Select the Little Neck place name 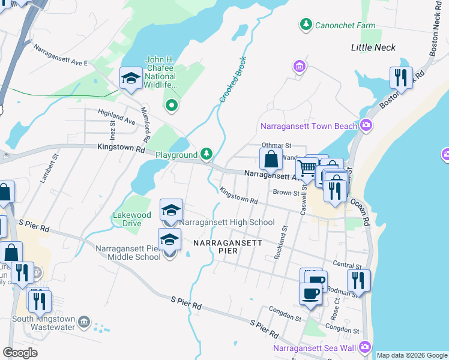373,47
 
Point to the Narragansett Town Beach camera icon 366,125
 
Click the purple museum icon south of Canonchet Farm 298,65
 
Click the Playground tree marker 206,155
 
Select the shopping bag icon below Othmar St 271,160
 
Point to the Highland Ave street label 117,116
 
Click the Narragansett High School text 227,222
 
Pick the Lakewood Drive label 132,219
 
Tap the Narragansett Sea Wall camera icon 365,347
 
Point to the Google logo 20,352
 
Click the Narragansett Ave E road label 61,55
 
